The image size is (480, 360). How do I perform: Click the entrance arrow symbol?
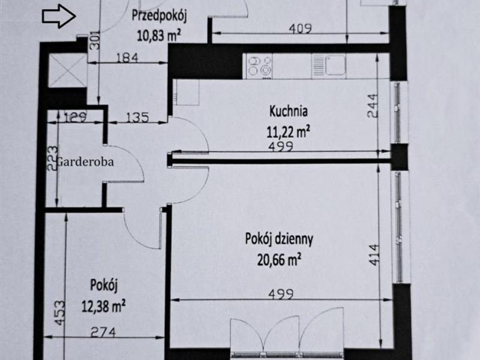[x=59, y=16]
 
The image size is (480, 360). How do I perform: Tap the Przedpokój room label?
[x=159, y=16]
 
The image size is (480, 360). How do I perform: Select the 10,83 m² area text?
[x=158, y=35]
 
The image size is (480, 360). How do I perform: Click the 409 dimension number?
[x=300, y=28]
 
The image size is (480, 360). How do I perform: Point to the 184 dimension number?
[x=127, y=58]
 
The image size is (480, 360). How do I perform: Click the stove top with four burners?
[x=260, y=66]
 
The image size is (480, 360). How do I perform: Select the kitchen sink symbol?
[x=329, y=65]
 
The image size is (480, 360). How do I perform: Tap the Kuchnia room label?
[x=289, y=112]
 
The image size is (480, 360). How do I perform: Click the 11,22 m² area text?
[x=289, y=132]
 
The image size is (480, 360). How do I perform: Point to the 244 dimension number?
[x=373, y=106]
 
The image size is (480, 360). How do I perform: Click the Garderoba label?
[x=85, y=161]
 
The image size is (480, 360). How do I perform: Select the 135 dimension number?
[x=137, y=117]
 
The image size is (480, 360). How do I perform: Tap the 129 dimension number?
[x=76, y=117]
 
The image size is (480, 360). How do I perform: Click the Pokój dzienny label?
[x=279, y=239]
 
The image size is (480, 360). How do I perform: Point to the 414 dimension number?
[x=374, y=254]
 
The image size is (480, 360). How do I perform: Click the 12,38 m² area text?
[x=103, y=305]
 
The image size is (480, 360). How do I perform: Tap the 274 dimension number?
[x=103, y=332]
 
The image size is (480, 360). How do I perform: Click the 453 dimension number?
[x=60, y=313]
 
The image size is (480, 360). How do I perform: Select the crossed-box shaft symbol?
[x=68, y=70]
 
